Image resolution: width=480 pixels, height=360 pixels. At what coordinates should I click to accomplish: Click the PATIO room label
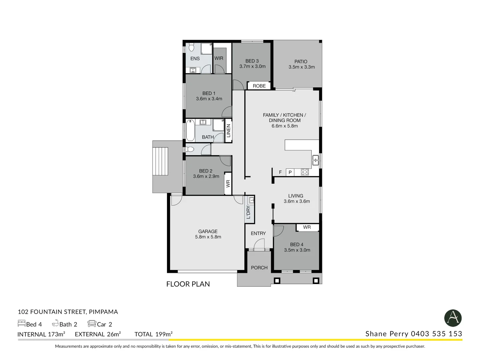click(301, 62)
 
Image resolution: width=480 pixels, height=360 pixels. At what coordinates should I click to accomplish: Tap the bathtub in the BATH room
click(190, 130)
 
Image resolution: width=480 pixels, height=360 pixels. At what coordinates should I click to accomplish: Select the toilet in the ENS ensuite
click(192, 47)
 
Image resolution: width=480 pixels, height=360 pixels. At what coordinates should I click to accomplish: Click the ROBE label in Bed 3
click(259, 86)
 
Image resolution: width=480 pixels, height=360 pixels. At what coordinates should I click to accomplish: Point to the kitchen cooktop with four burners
click(305, 172)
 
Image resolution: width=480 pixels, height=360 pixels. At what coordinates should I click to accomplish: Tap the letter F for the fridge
click(280, 172)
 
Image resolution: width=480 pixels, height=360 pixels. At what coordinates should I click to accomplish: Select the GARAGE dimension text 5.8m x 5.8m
click(208, 237)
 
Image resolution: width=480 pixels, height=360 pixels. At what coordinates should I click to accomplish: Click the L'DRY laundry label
click(248, 212)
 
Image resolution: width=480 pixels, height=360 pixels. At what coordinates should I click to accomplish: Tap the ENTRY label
click(258, 233)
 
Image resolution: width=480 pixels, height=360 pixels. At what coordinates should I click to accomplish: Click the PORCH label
click(259, 268)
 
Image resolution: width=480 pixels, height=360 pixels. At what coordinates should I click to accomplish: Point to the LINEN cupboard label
click(228, 131)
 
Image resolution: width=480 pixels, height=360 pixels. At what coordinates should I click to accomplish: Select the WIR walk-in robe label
click(219, 58)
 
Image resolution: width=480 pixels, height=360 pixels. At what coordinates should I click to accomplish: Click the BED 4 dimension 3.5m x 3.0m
click(297, 250)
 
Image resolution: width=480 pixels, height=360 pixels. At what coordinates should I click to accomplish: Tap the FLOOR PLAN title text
click(188, 284)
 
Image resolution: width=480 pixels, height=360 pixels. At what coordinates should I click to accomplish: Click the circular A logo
click(453, 318)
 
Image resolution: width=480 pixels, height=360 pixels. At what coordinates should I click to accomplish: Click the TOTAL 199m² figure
click(153, 334)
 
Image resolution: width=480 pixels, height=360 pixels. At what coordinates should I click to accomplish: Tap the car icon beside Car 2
click(92, 324)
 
